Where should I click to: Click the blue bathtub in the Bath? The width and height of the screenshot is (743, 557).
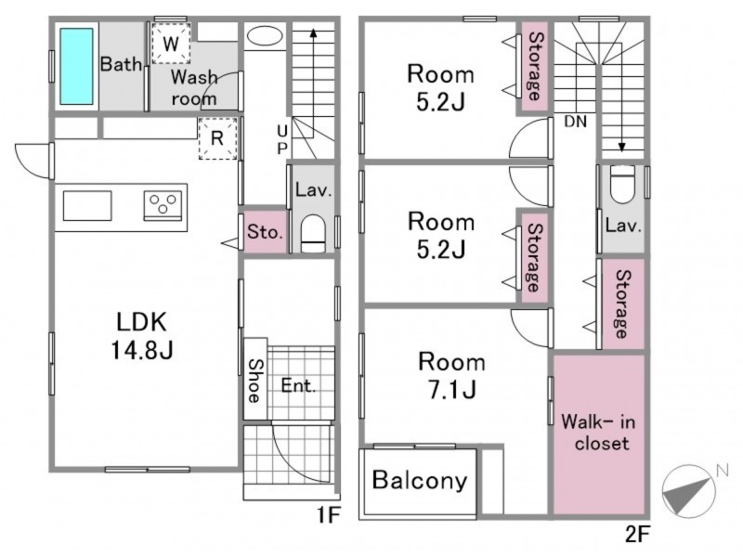click(76, 66)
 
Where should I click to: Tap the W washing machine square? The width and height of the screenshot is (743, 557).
click(171, 44)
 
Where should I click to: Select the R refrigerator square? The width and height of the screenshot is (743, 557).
click(217, 138)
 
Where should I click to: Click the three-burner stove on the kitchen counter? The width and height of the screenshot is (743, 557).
click(163, 205)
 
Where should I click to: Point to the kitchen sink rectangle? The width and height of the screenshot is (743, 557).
click(87, 205)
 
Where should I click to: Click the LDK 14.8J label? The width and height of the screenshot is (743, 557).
click(142, 336)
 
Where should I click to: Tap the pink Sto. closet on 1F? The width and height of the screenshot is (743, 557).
click(265, 231)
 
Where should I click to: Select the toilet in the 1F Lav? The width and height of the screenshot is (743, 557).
click(313, 234)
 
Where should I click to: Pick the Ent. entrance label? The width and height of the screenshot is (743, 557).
click(298, 385)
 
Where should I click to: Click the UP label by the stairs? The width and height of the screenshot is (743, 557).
click(282, 139)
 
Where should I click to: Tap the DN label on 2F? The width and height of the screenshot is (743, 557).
click(576, 122)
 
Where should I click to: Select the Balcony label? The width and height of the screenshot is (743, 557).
click(420, 480)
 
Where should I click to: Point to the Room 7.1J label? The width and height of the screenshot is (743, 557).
click(451, 376)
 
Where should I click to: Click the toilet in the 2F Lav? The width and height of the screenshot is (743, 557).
click(622, 184)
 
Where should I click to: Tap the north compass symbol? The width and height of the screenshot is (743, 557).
click(689, 491)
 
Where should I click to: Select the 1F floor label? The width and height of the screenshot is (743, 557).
click(329, 514)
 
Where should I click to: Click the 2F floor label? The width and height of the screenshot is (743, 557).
click(637, 535)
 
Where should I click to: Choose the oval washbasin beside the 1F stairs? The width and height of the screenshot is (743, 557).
click(265, 36)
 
